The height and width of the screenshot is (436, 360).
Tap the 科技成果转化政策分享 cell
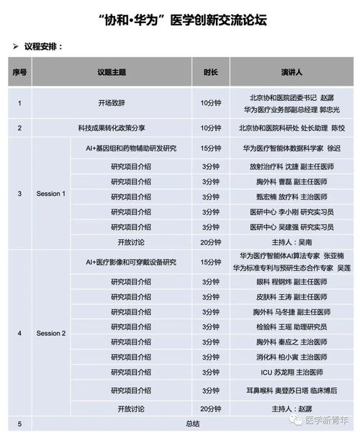pyautogui.click(x=112, y=128)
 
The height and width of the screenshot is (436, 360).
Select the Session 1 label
pyautogui.click(x=51, y=194)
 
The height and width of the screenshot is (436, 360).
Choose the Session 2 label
pyautogui.click(x=51, y=334)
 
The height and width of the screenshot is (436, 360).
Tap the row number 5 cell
pyautogui.click(x=19, y=424)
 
